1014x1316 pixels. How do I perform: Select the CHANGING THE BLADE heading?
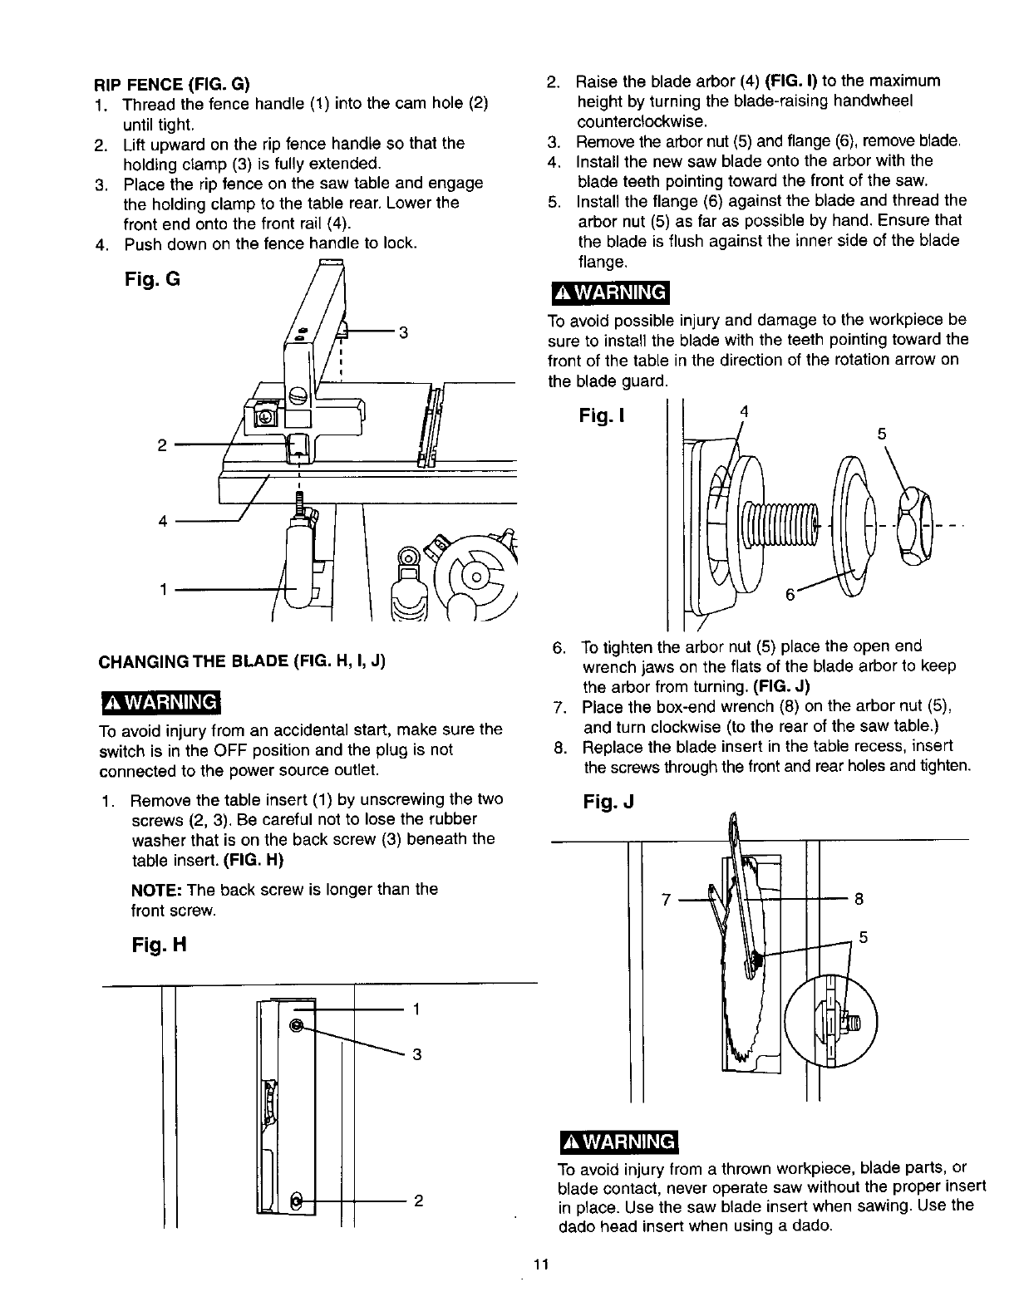[x=242, y=662]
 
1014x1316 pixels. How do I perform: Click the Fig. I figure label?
[x=603, y=416]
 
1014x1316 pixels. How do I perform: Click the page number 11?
[x=541, y=1265]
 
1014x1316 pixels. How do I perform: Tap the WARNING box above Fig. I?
[x=609, y=293]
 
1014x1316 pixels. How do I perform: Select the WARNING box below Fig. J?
[x=619, y=1142]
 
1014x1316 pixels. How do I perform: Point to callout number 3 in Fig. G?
[x=403, y=333]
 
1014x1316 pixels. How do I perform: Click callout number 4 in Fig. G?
[x=163, y=522]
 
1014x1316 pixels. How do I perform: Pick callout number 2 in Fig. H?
[x=419, y=1201]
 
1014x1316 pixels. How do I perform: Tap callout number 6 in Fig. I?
[x=790, y=596]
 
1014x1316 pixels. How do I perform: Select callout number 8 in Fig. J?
[x=859, y=898]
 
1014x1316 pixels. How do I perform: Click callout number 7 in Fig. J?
[x=665, y=899]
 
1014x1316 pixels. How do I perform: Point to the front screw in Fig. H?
[x=296, y=1201]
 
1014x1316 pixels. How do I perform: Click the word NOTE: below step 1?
[x=158, y=890]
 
